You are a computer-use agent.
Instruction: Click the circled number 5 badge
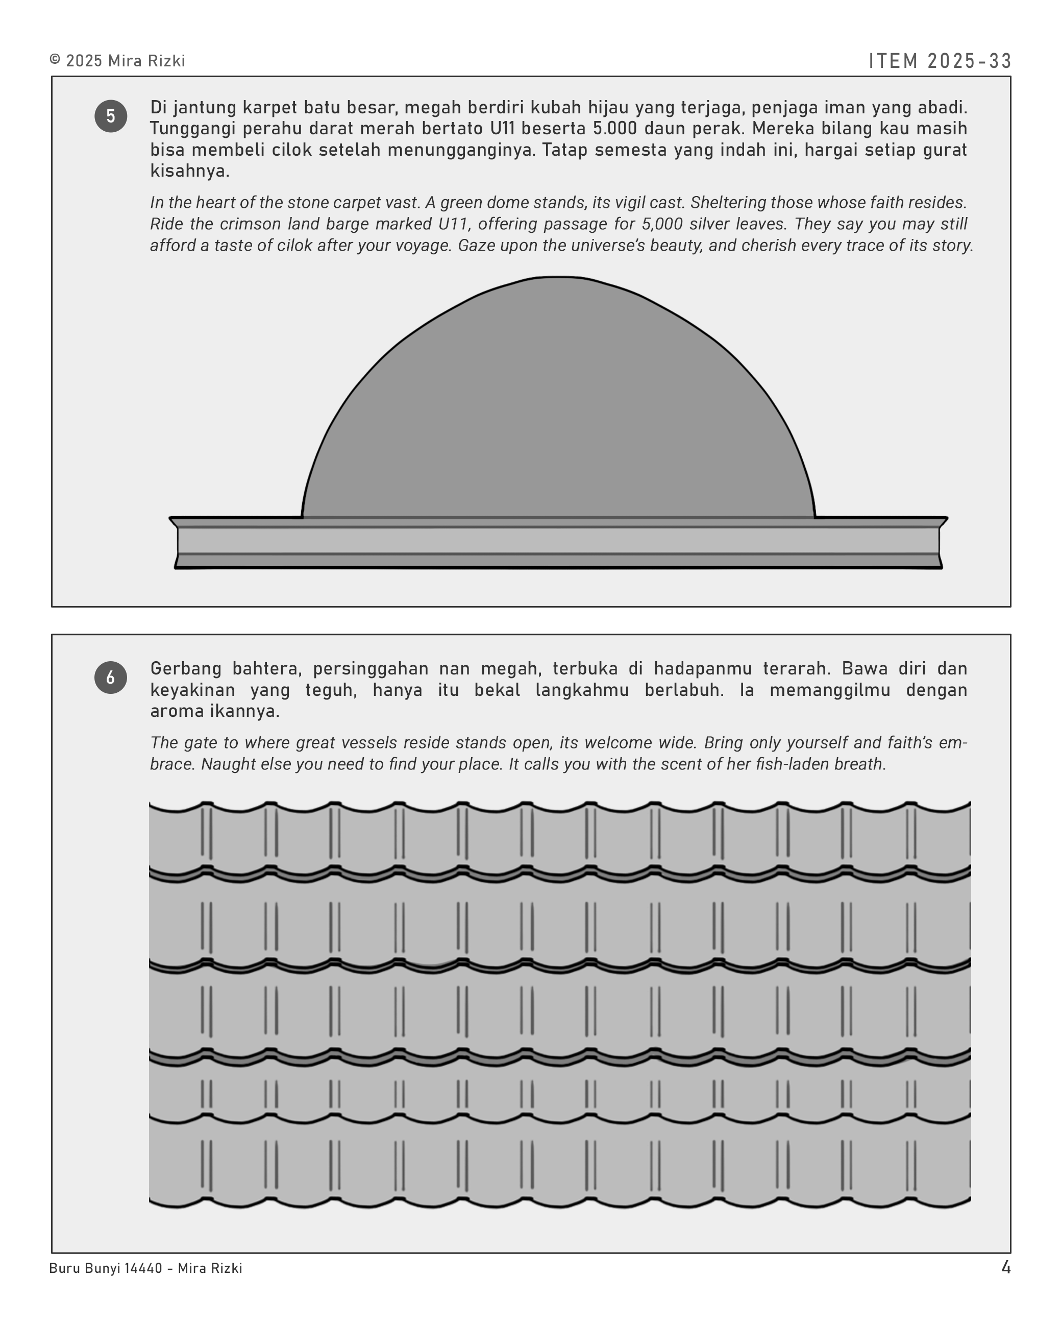[110, 116]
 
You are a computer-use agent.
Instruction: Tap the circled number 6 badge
[110, 678]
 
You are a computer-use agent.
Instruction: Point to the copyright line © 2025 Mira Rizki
[117, 61]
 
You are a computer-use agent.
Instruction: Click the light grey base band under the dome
[558, 541]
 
